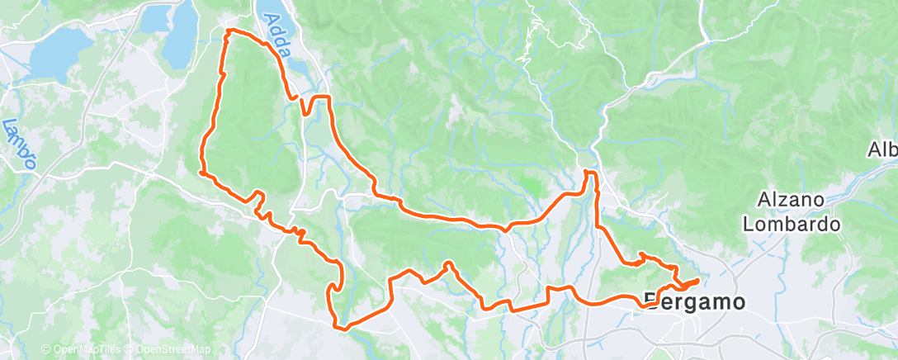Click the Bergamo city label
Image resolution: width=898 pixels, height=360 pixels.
coord(694,301)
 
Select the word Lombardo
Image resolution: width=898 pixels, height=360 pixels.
coord(791,223)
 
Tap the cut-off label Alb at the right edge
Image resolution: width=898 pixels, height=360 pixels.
coord(882,150)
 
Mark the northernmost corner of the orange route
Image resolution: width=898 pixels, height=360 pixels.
coord(229,31)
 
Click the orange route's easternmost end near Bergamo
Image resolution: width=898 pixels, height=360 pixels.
coord(698,281)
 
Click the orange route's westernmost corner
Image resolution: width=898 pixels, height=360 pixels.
coord(201,173)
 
